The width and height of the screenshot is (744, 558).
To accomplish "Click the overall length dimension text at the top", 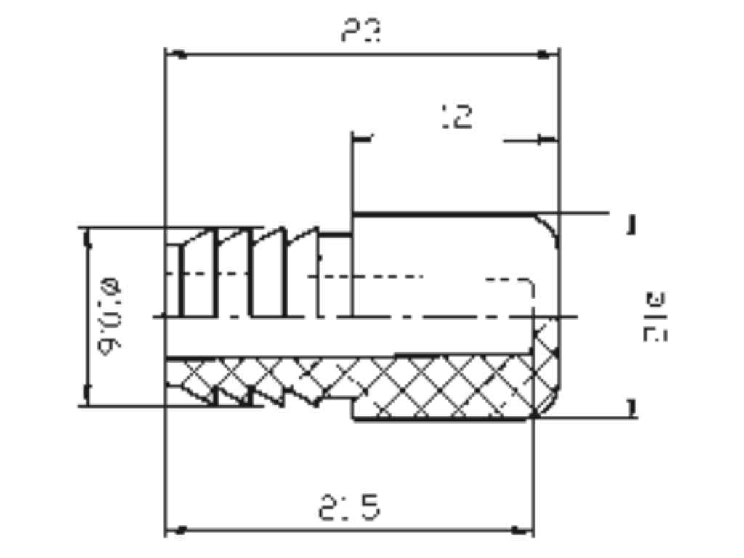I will pyautogui.click(x=361, y=32).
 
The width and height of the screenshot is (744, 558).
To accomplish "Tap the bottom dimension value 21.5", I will pyautogui.click(x=349, y=508).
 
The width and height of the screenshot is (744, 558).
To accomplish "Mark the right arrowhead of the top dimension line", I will pyautogui.click(x=548, y=54).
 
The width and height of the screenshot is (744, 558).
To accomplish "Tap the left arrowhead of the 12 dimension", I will pyautogui.click(x=363, y=138).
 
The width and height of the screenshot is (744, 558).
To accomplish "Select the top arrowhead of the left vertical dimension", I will pyautogui.click(x=88, y=237).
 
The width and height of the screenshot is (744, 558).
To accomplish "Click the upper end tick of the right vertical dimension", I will pyautogui.click(x=632, y=224).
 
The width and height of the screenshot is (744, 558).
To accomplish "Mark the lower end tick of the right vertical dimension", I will pyautogui.click(x=632, y=408).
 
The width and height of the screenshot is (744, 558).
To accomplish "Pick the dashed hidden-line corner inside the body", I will pyautogui.click(x=530, y=281).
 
